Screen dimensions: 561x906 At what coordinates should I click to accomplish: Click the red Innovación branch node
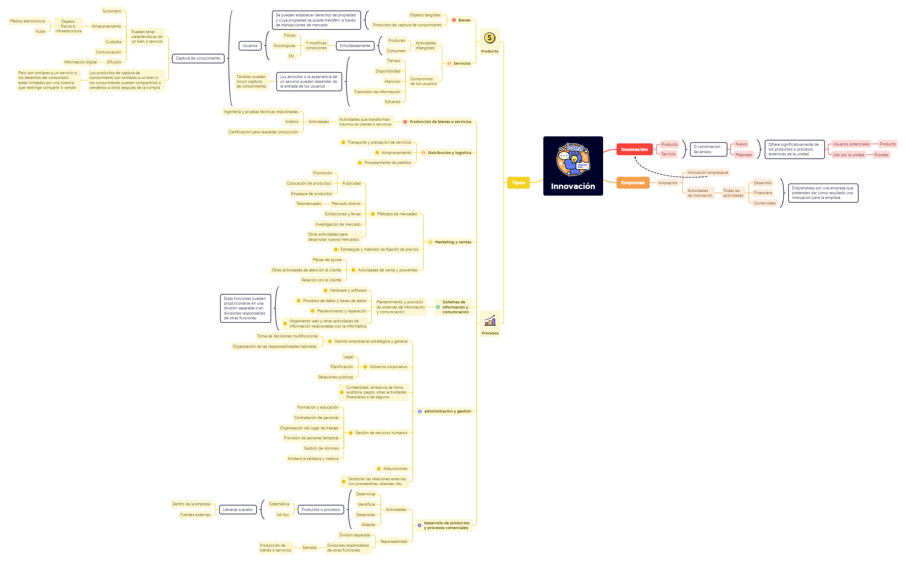tap(634, 149)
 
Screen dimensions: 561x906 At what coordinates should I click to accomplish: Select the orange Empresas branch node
tap(632, 183)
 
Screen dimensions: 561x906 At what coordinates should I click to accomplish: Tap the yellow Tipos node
tap(518, 183)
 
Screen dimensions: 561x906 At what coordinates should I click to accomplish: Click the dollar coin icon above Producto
tap(490, 38)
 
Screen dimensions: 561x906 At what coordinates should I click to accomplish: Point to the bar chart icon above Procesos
tap(490, 321)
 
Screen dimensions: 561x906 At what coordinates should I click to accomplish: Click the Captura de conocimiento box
tap(198, 58)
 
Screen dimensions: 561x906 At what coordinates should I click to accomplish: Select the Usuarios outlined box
tap(250, 46)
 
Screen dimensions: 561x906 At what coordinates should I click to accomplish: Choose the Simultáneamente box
tap(355, 46)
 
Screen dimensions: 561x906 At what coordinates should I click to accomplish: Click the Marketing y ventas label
tap(453, 242)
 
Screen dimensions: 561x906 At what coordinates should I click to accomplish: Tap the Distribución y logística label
tap(449, 153)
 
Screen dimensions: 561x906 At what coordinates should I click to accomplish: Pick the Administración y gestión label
tap(447, 411)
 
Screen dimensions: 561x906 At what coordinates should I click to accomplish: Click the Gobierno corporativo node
tap(388, 367)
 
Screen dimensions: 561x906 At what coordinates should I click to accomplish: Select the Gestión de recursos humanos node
tap(381, 433)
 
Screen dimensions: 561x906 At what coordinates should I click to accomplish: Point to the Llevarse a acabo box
tap(238, 510)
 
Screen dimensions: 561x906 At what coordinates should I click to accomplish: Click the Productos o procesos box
tap(321, 510)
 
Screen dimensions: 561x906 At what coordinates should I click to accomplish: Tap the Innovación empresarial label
tap(708, 173)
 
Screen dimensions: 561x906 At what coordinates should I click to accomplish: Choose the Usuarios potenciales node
tap(851, 144)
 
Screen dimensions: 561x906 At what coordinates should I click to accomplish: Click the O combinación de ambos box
tap(708, 149)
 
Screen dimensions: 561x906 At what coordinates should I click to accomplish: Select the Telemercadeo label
tap(308, 204)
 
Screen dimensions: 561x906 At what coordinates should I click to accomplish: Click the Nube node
tap(41, 32)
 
